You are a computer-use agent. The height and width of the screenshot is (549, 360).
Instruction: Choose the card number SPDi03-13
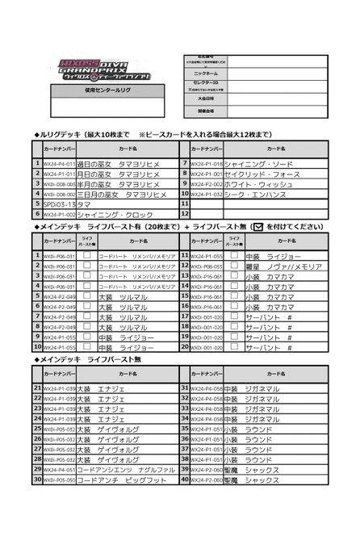point(57,204)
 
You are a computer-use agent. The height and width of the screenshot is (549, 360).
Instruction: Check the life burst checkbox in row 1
point(86,254)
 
